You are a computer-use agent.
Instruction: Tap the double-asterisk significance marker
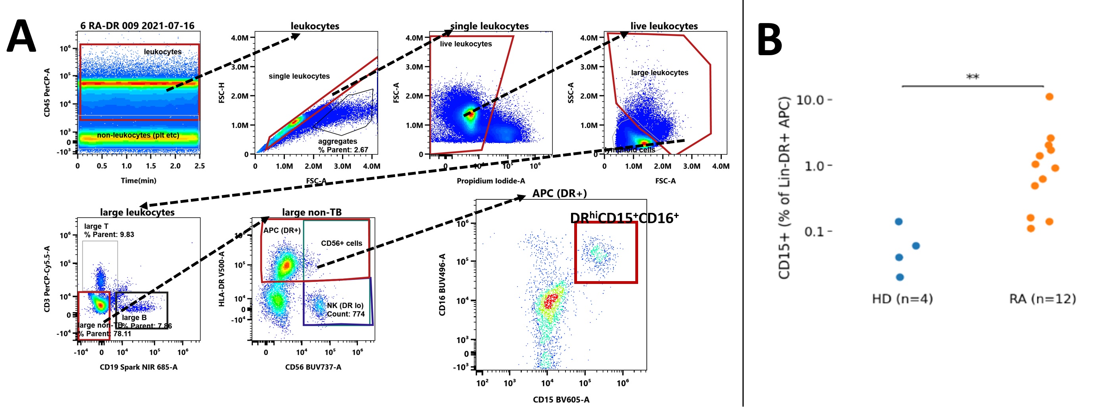tap(972, 77)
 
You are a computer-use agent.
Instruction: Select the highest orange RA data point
tap(1049, 96)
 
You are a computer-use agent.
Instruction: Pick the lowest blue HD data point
tap(900, 277)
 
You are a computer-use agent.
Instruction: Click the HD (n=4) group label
tap(902, 299)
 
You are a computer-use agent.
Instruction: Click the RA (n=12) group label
tap(1042, 299)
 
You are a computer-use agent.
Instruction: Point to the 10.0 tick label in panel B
tap(810, 100)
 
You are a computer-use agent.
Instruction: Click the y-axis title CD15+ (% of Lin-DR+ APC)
tap(784, 188)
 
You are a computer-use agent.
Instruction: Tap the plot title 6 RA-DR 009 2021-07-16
tap(137, 26)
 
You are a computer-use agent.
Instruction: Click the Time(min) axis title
tap(138, 181)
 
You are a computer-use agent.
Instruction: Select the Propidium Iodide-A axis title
tap(491, 181)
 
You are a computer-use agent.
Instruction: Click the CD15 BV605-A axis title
tap(561, 400)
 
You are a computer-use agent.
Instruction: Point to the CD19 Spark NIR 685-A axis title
tap(138, 367)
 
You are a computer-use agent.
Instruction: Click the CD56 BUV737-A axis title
tap(313, 367)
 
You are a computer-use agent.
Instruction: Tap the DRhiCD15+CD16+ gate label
tap(624, 218)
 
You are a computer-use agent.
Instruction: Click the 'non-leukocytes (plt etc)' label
tap(138, 135)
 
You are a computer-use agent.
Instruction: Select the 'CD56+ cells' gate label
tap(342, 243)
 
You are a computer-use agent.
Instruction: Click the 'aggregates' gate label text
tap(337, 141)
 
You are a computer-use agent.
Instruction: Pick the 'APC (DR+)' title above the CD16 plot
tap(559, 193)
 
